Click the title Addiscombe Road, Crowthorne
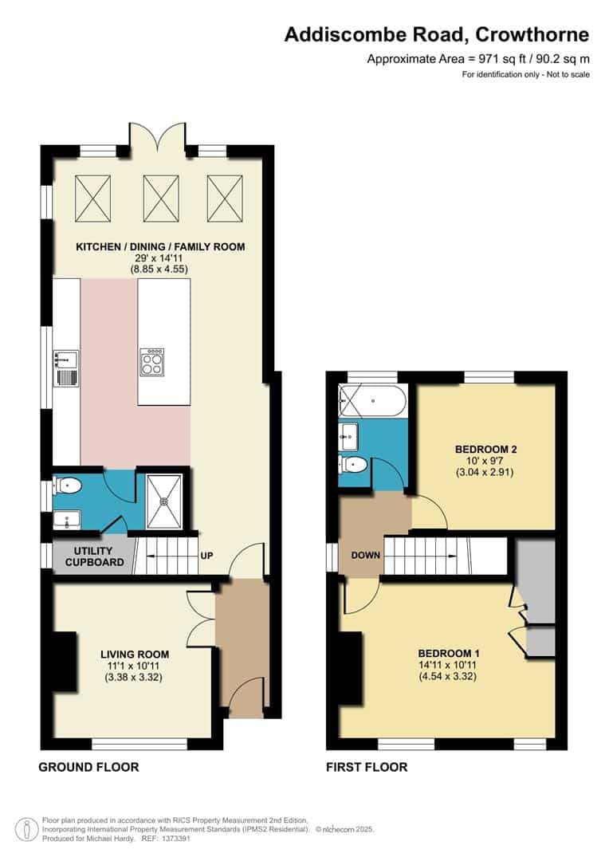coord(437,34)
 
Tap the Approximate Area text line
coord(477,58)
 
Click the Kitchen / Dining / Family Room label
coord(160,247)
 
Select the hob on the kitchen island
coord(151,363)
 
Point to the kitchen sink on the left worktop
coord(65,368)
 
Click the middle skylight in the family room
coord(160,199)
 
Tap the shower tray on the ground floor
coord(165,500)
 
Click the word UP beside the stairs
coord(206,555)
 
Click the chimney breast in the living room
coord(65,661)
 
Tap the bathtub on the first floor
coord(372,400)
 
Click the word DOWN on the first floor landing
coord(364,555)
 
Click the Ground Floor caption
coord(88,767)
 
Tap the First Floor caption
coord(367,767)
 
